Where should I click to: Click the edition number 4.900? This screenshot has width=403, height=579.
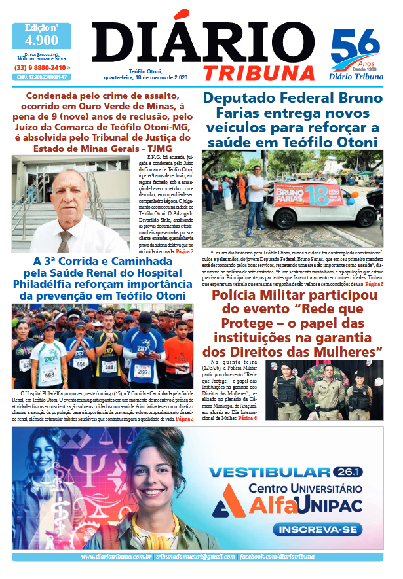41,41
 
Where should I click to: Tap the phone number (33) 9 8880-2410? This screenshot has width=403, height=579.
40,67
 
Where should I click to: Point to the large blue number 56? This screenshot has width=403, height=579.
355,48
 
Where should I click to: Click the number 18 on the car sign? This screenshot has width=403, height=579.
318,197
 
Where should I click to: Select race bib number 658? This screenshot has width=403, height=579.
81,363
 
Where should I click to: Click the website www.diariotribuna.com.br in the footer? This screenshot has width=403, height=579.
116,556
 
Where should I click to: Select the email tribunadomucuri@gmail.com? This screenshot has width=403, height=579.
195,556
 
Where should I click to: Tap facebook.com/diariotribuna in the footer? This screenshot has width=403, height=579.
277,556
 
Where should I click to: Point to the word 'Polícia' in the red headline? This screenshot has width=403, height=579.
246,297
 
